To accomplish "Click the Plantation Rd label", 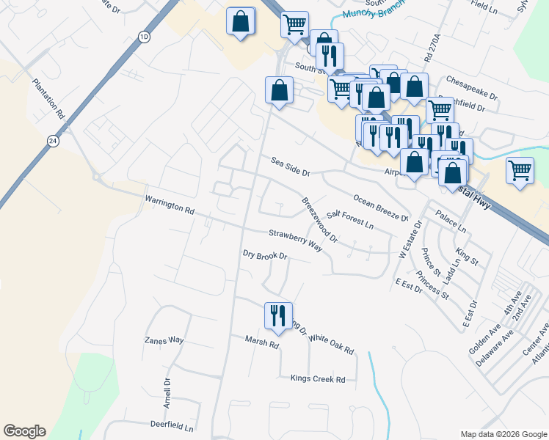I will [48, 99].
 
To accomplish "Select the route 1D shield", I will [144, 37].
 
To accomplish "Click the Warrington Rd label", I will [170, 205].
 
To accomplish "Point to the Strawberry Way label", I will [295, 240].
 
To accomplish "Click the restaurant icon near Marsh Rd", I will [277, 315].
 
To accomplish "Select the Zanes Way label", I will [164, 340].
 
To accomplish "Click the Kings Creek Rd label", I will [318, 379].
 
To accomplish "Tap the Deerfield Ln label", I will [171, 426].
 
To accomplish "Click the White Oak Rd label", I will [332, 344].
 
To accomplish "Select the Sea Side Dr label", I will [291, 166].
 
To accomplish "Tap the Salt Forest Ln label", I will [350, 217].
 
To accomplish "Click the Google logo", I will [24, 431].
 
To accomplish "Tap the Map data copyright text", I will [503, 434].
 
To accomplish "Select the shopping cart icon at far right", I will [520, 171].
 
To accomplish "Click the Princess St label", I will [432, 285].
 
